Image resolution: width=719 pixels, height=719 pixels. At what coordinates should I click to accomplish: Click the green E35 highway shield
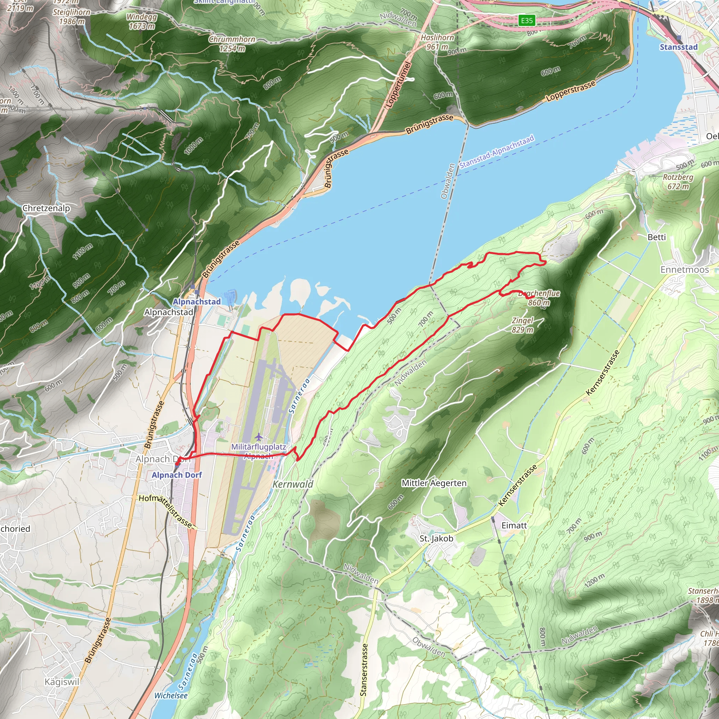527,20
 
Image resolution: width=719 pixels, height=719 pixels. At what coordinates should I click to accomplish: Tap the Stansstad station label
678,47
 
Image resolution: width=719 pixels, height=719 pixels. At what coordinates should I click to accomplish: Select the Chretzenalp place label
46,208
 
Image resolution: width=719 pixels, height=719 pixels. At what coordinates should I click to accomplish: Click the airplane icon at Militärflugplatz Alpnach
259,436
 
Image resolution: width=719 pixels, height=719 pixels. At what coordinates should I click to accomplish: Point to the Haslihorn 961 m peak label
437,42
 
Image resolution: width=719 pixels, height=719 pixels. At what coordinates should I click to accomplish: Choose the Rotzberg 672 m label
678,182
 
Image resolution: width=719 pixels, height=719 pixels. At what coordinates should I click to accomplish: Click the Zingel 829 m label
522,325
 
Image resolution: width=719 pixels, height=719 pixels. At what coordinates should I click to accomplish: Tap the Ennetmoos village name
684,269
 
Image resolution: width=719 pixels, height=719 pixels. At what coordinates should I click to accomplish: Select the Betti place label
657,237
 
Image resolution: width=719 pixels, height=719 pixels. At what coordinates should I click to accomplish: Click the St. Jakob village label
436,539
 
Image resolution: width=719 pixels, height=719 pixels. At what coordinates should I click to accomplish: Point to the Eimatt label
514,526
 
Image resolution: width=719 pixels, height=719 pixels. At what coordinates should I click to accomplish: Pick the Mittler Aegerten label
434,483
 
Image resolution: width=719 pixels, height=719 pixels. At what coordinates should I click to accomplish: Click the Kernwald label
293,484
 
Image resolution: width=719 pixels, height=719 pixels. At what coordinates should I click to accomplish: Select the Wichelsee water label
171,695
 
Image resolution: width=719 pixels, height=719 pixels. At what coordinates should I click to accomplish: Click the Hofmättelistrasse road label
167,510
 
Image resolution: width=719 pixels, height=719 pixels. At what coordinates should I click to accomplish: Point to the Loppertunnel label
398,85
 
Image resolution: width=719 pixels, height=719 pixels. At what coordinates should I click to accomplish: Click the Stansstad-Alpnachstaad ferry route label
496,151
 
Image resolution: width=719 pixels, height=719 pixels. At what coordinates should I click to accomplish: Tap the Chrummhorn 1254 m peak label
232,44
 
